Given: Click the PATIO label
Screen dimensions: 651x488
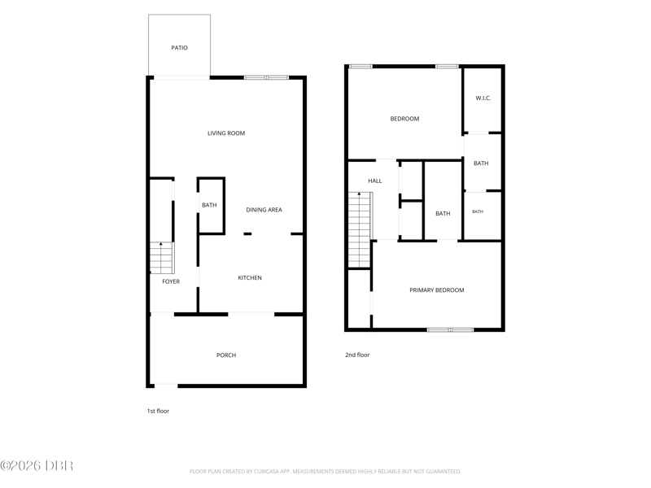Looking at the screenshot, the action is (179, 48).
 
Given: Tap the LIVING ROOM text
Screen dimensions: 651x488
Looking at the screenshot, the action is (226, 133).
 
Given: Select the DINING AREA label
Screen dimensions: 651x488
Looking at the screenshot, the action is (264, 210).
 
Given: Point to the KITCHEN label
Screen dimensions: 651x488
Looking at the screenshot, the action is (250, 278).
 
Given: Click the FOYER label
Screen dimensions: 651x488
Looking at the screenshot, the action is (171, 281).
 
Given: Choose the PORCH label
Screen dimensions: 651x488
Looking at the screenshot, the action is (226, 355).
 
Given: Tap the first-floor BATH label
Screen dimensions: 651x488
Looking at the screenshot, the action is (209, 205).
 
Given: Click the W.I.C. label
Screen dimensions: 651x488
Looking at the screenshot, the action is (483, 98).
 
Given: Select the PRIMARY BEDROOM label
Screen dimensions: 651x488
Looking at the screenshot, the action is (437, 290).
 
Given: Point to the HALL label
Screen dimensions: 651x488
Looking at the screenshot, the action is (375, 181).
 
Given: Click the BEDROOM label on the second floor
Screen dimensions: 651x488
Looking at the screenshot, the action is (404, 119).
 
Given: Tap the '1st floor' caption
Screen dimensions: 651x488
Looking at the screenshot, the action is (158, 412).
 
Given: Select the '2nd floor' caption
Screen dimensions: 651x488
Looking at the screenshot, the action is (357, 355).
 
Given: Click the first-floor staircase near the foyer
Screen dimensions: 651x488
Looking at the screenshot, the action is (161, 258).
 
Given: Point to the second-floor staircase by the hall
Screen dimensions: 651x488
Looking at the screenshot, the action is (360, 230).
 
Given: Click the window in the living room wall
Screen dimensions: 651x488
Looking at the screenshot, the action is (266, 77).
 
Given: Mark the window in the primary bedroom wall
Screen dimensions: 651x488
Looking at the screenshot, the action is (451, 330).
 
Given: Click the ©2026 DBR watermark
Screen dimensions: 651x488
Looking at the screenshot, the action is (37, 465).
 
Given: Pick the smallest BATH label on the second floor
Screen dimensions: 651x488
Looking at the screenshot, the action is (478, 211).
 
